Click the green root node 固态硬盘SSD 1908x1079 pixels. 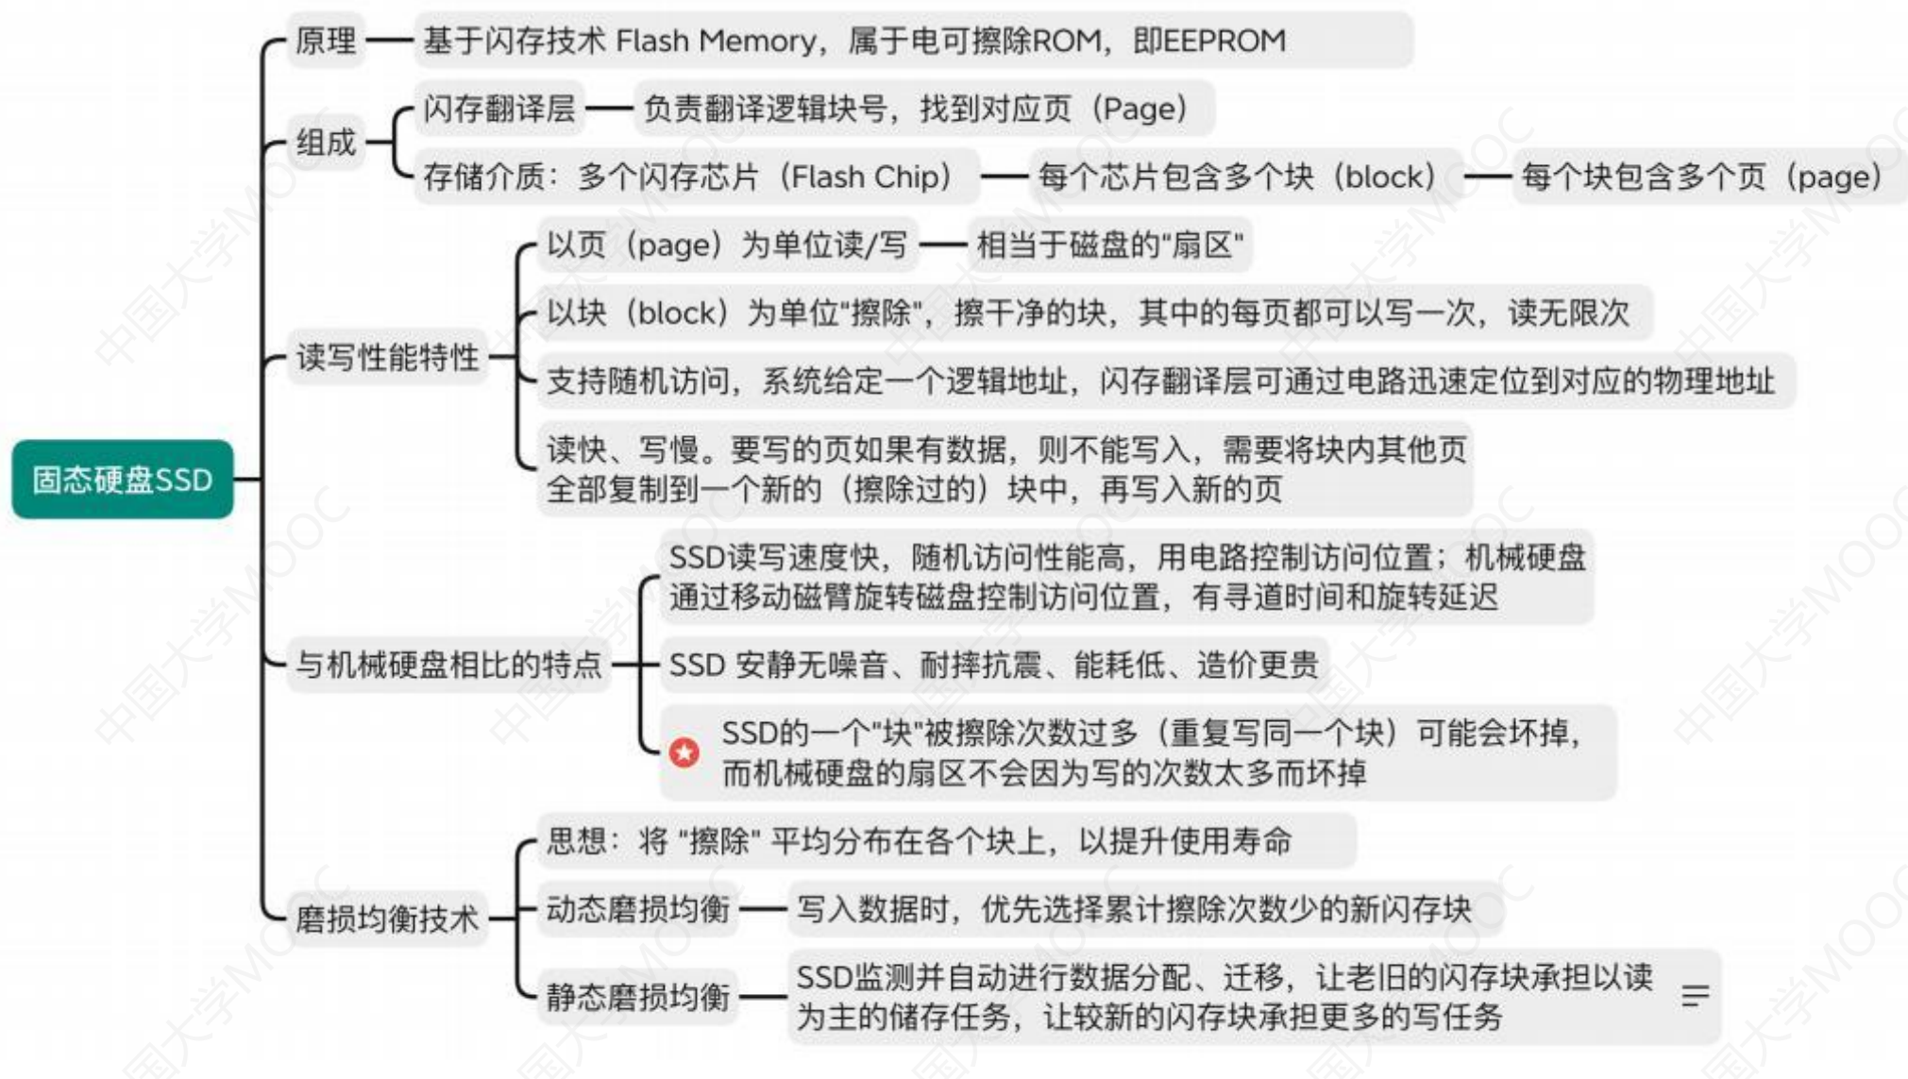122,480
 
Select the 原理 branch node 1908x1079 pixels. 326,41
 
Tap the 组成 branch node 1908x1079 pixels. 326,143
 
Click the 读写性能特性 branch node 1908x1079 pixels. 387,358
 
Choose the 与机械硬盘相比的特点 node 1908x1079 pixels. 448,665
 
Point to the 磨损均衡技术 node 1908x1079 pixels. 387,919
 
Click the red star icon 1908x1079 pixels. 684,752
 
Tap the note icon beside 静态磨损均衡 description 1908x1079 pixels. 1696,996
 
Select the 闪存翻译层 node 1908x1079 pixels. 499,109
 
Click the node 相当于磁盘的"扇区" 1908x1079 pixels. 1109,245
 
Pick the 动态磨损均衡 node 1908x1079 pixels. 638,909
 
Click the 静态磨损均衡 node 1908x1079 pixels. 638,996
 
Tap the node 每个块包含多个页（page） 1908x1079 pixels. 1710,177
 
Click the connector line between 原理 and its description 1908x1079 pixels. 390,41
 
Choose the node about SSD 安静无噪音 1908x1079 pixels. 994,665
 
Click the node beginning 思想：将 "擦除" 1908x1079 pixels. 947,841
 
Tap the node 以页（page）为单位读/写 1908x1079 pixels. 728,245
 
